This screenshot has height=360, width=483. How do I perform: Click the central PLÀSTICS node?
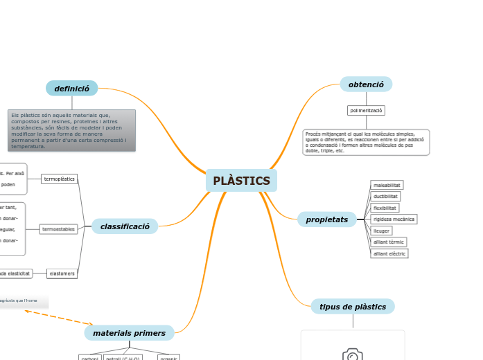tap(241, 181)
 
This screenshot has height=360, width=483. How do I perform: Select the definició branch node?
tap(71, 89)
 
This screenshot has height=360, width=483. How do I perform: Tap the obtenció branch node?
tap(366, 84)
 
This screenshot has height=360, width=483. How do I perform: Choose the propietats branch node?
tap(327, 219)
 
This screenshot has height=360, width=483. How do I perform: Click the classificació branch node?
tap(125, 226)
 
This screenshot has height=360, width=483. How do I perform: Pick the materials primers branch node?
tap(129, 333)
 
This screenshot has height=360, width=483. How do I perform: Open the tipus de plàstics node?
tap(353, 307)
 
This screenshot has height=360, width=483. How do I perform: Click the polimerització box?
tap(366, 110)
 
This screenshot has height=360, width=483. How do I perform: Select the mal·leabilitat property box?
tap(387, 185)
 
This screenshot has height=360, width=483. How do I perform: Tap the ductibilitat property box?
tap(385, 197)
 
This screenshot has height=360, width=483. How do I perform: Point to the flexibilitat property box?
tap(385, 208)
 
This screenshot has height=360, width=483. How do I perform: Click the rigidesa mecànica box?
tap(394, 219)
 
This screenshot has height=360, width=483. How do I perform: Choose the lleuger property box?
tap(381, 231)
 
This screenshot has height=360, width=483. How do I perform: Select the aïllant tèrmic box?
tap(389, 242)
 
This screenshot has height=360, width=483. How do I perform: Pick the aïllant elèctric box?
tap(389, 253)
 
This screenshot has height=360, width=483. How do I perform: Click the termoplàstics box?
tap(59, 179)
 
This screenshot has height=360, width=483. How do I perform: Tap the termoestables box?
tap(58, 229)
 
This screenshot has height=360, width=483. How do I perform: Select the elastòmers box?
tap(62, 273)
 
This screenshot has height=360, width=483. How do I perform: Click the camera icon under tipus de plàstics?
tap(353, 355)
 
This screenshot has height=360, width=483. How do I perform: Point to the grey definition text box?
tap(71, 130)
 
